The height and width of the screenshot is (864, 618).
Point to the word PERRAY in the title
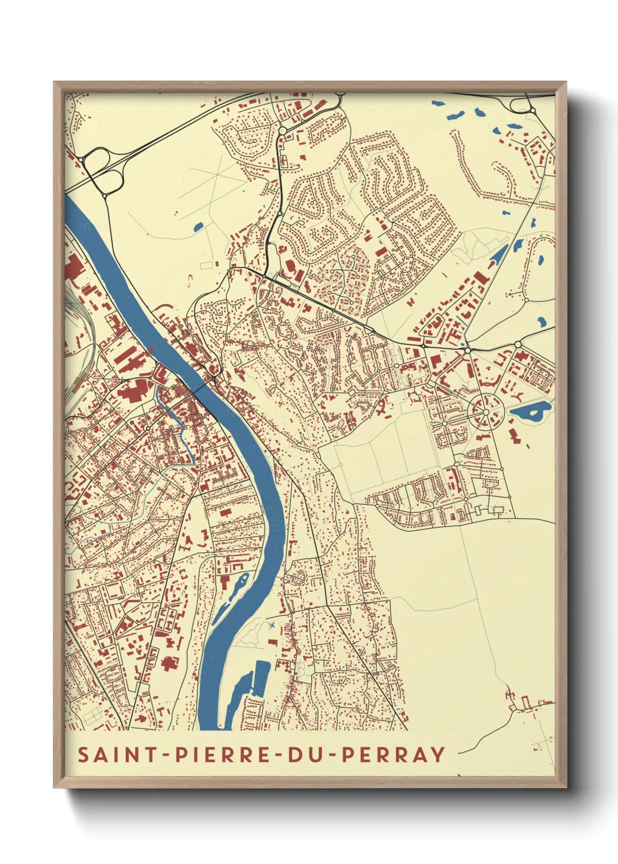click(x=393, y=754)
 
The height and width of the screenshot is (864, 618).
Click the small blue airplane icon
click(x=272, y=626)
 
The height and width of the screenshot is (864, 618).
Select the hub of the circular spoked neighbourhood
click(x=485, y=412)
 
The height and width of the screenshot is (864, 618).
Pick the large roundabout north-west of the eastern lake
click(x=518, y=345)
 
